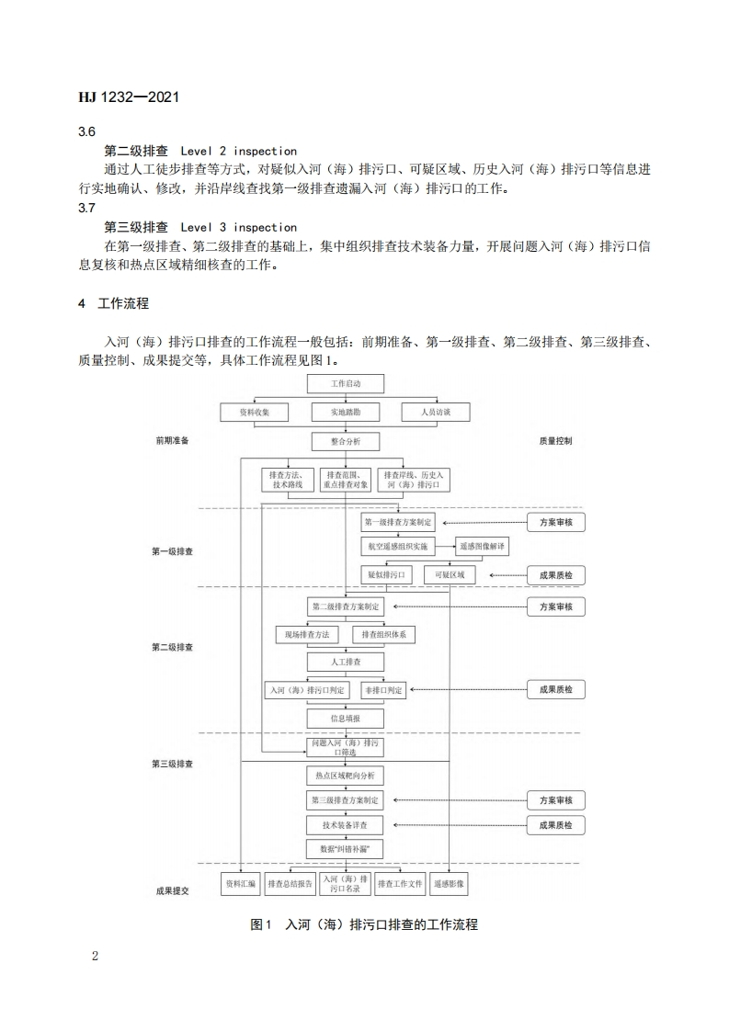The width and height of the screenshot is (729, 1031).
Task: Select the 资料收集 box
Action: tap(254, 413)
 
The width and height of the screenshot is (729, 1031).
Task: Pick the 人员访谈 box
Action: tap(436, 413)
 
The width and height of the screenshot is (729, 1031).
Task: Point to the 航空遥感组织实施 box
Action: tap(396, 546)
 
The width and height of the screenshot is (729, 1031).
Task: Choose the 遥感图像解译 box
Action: tap(482, 546)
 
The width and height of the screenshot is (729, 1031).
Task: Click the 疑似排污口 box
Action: tap(386, 575)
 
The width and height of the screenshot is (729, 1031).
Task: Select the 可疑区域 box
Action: tap(450, 575)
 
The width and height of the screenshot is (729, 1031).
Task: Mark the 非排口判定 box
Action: tap(383, 690)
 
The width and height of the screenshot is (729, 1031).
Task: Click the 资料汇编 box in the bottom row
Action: tap(241, 884)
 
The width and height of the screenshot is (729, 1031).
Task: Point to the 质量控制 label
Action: tap(555, 441)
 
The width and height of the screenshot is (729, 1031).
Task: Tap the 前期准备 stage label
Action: tap(172, 441)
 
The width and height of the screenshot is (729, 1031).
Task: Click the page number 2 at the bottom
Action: tap(95, 956)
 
